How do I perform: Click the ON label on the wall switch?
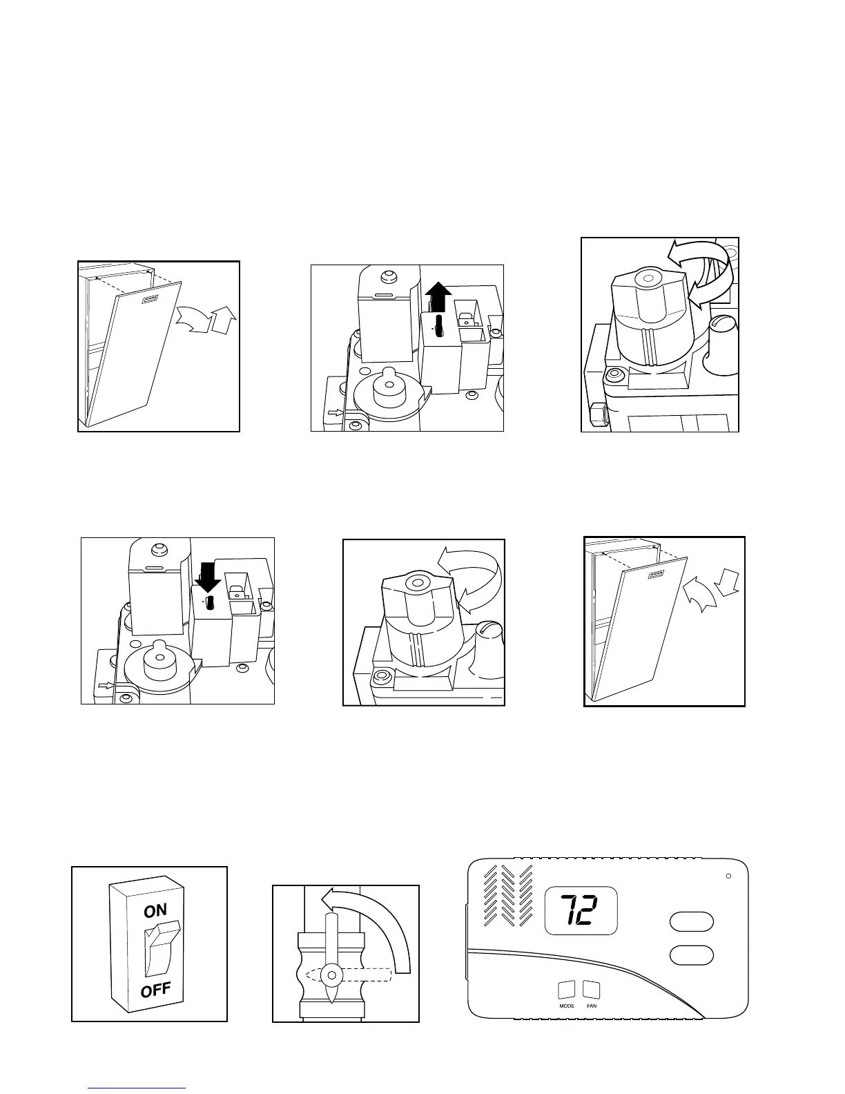(155, 911)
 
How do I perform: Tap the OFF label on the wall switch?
(155, 992)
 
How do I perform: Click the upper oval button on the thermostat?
(691, 922)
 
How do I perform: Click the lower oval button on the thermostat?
(691, 955)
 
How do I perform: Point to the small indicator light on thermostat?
(728, 876)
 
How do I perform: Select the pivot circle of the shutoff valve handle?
(333, 975)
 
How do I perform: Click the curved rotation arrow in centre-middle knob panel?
(472, 577)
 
